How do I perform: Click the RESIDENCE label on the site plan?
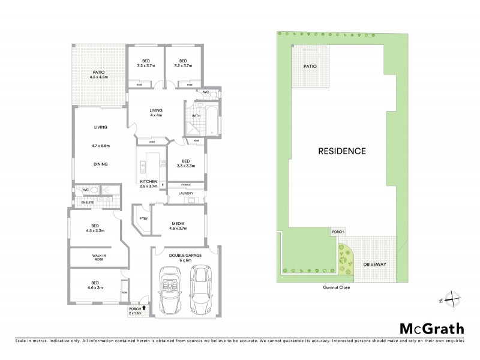tap(341, 151)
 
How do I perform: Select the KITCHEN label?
tap(148, 181)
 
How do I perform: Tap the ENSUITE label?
tap(88, 202)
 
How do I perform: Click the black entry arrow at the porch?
tap(143, 308)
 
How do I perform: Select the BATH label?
tap(196, 116)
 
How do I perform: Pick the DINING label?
tap(100, 163)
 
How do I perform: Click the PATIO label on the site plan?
tap(310, 67)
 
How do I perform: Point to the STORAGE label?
tap(185, 185)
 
